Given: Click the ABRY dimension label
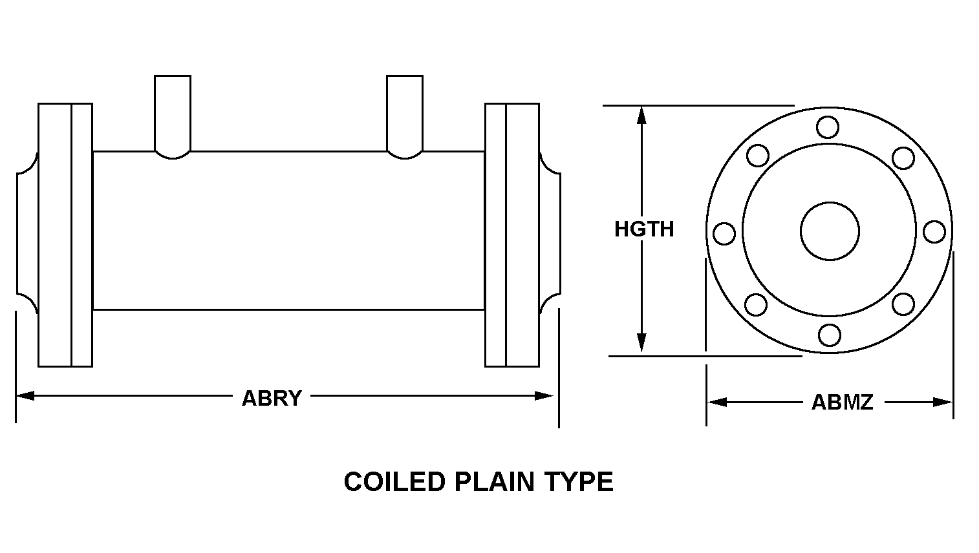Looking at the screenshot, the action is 272,398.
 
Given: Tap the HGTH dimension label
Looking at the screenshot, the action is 644,229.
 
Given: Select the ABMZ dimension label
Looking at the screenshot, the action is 842,402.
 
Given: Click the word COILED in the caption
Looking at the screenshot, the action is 394,482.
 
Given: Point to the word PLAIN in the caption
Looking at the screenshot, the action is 494,482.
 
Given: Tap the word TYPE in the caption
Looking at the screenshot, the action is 579,482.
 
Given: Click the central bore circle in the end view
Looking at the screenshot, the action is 830,231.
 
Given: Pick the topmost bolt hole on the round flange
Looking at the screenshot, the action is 827,127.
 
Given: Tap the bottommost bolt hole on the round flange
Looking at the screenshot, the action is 829,335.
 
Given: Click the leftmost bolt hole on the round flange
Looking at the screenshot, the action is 724,233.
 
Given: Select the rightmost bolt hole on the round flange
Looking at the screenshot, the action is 934,232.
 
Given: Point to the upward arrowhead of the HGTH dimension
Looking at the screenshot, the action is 641,116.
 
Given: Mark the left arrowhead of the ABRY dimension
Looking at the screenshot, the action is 25,396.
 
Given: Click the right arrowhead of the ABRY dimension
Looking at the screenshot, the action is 544,396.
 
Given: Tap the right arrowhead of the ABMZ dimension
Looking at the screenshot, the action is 943,402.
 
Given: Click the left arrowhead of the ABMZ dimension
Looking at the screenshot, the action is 717,402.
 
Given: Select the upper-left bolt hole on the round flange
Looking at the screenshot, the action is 758,156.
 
